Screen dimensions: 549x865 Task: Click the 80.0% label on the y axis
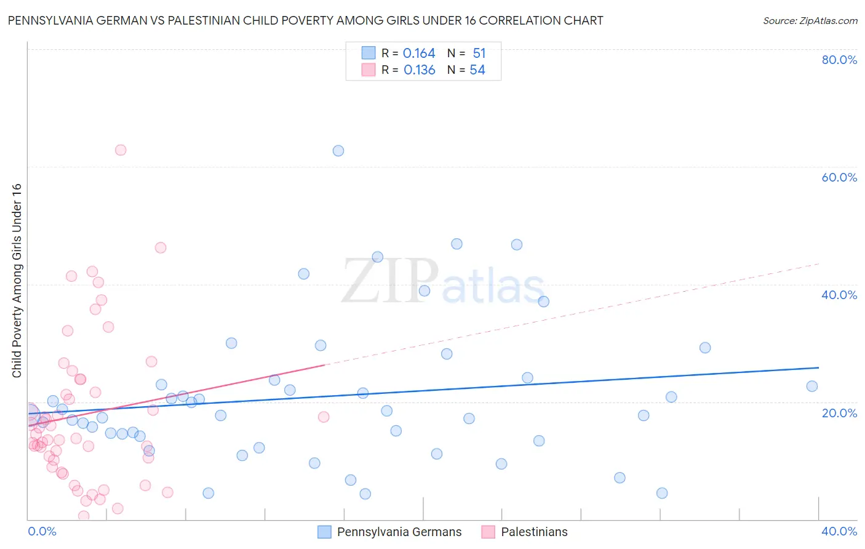click(839, 60)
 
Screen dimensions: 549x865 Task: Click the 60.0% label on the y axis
click(839, 177)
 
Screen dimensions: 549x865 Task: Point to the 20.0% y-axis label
click(839, 412)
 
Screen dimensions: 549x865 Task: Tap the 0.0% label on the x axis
click(42, 531)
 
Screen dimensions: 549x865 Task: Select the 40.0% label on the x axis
click(839, 531)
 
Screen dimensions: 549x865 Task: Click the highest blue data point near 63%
click(338, 151)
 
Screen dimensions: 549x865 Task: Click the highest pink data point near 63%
click(121, 150)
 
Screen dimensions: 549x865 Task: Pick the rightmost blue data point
click(812, 387)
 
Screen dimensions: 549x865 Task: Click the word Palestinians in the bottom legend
click(534, 532)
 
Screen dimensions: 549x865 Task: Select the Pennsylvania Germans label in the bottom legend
click(399, 532)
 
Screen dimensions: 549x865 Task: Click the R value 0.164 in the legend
click(419, 54)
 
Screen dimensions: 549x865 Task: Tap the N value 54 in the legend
click(477, 70)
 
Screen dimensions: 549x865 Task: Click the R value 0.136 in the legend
click(420, 70)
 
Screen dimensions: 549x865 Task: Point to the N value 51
click(479, 54)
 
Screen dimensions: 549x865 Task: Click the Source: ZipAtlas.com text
click(810, 21)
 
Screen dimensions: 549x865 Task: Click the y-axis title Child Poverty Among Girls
click(17, 280)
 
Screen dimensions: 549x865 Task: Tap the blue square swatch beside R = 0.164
click(369, 53)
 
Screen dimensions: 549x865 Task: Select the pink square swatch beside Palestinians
click(488, 532)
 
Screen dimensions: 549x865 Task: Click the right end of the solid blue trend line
click(819, 367)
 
